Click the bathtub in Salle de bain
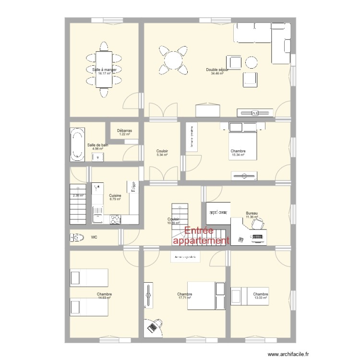click(x=77, y=144)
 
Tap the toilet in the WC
click(x=77, y=237)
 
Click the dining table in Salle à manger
click(x=104, y=69)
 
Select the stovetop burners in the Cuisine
click(x=116, y=219)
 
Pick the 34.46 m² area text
click(x=217, y=73)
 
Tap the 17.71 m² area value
click(x=185, y=298)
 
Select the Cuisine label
click(x=115, y=195)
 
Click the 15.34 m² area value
click(x=238, y=155)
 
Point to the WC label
click(x=94, y=237)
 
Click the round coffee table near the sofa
click(x=251, y=62)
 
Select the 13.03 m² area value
click(x=261, y=298)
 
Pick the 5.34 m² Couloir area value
click(x=162, y=155)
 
